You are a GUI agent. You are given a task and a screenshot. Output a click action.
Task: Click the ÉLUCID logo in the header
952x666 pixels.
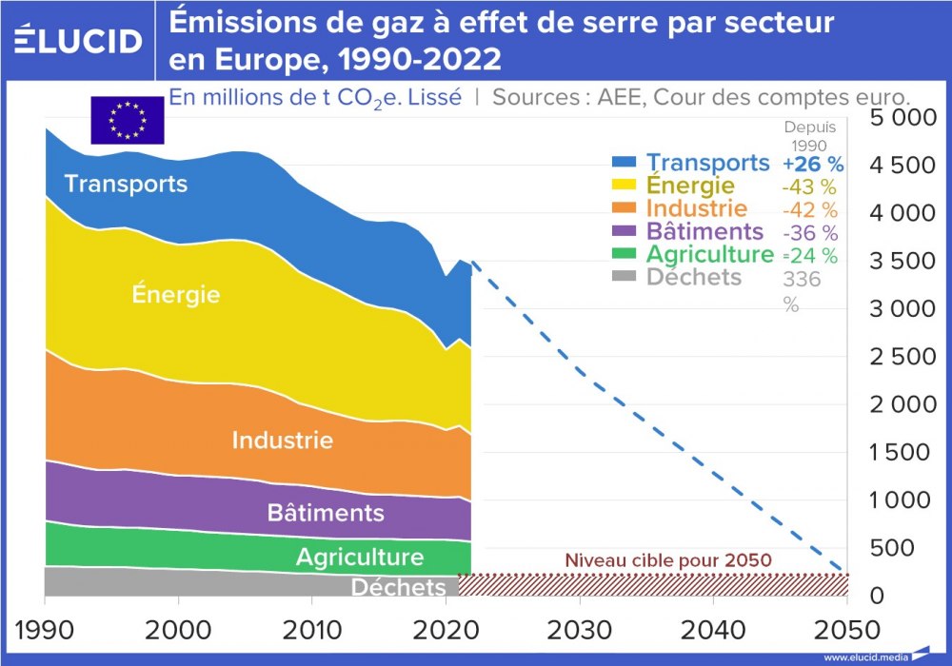click(x=78, y=41)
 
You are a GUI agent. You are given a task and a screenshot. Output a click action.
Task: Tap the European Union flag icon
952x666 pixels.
click(x=127, y=120)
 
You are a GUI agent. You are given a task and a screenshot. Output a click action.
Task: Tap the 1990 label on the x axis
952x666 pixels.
click(x=45, y=631)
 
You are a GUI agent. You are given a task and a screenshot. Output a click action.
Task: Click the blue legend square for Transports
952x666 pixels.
click(x=624, y=163)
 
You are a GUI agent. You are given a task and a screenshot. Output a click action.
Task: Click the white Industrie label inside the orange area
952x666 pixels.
click(x=283, y=441)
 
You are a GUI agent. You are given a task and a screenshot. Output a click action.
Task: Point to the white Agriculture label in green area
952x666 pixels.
click(x=359, y=557)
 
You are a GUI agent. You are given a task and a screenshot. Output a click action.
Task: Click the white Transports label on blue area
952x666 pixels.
click(x=126, y=183)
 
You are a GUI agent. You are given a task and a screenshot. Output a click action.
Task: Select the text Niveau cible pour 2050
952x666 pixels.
click(x=667, y=560)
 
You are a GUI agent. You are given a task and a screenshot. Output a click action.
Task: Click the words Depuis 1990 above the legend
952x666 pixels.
click(x=808, y=135)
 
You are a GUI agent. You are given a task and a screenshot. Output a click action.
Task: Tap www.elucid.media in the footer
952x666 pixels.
click(x=863, y=657)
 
